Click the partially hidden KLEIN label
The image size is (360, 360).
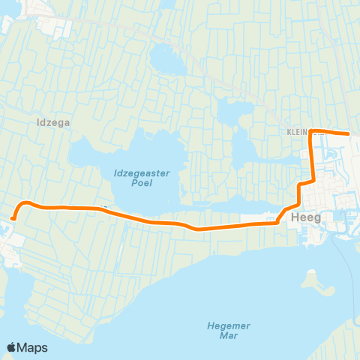(x=297, y=132)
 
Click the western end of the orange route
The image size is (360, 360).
(x=13, y=218)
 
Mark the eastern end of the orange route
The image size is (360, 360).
(x=349, y=133)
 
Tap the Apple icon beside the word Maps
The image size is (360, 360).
(x=12, y=347)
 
